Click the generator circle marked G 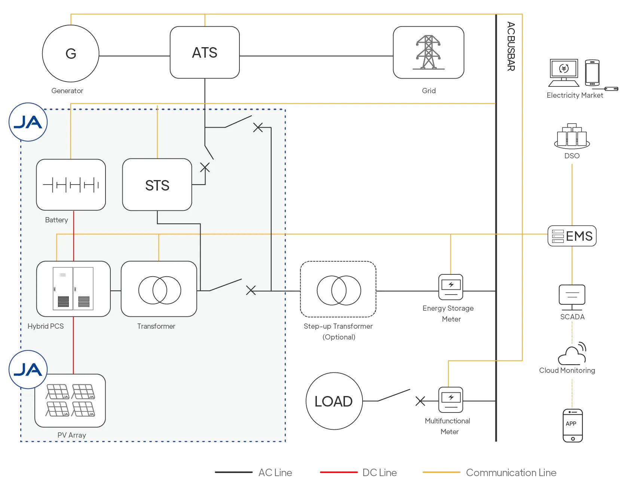click(x=71, y=54)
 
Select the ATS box click(x=205, y=52)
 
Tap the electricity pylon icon click(x=428, y=52)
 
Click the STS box click(x=157, y=185)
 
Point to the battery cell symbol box click(x=71, y=185)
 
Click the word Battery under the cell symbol click(x=56, y=220)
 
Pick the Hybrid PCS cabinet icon click(x=73, y=289)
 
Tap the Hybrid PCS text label click(x=46, y=326)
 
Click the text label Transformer click(x=156, y=326)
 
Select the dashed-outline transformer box click(x=338, y=289)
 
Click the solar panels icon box click(x=70, y=401)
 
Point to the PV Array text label click(x=72, y=435)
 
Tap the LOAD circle click(x=334, y=401)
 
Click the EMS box click(x=572, y=236)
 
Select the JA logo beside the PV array click(x=28, y=370)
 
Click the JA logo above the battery click(x=28, y=122)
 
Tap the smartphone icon click(x=592, y=73)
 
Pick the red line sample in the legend click(x=339, y=472)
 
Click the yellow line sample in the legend click(x=441, y=472)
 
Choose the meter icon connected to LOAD click(x=451, y=400)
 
